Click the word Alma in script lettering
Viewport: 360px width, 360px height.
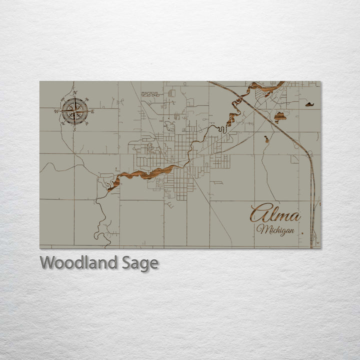click(275, 214)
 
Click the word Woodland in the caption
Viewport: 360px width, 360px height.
click(79, 262)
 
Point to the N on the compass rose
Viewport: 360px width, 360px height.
click(75, 92)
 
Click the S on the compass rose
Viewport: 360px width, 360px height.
click(74, 129)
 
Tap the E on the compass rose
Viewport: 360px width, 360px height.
click(92, 111)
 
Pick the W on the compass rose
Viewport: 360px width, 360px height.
click(56, 111)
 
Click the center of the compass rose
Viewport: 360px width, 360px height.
click(74, 111)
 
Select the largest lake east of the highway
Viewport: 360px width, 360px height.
click(280, 117)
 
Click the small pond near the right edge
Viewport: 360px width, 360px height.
click(310, 105)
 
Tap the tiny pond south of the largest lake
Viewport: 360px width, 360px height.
click(266, 139)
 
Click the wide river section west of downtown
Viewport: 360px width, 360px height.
click(145, 174)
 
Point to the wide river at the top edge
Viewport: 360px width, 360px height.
click(265, 89)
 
